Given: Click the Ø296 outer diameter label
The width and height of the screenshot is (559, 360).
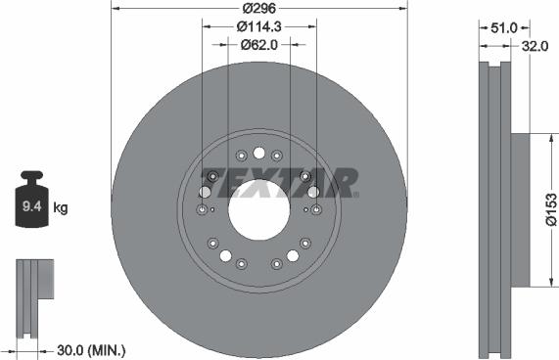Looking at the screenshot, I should (x=258, y=9).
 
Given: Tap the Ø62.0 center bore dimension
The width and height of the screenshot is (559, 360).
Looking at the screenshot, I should (x=258, y=44).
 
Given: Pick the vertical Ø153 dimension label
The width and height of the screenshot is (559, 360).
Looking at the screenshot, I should (x=550, y=209).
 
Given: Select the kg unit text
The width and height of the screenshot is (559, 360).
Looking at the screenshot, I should (x=60, y=207).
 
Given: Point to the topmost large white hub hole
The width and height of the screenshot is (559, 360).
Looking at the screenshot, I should (x=258, y=153).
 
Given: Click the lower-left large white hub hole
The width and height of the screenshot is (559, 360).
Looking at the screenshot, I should (x=226, y=255).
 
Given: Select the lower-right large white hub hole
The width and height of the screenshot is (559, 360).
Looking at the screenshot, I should (x=292, y=255).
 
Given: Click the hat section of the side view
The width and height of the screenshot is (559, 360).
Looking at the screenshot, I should (x=520, y=209).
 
